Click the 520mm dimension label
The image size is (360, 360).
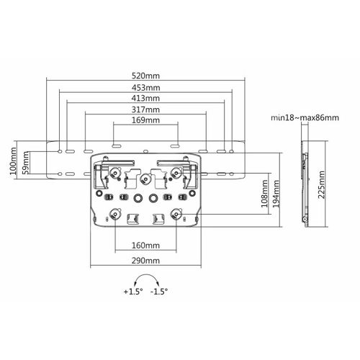click(x=145, y=76)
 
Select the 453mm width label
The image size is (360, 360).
click(x=145, y=88)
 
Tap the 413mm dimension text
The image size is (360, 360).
click(x=145, y=98)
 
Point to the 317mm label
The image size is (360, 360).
click(x=145, y=109)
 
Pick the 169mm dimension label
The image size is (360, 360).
click(x=145, y=120)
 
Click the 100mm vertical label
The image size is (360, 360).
click(x=13, y=161)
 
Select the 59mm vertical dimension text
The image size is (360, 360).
click(x=25, y=163)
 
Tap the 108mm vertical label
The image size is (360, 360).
click(x=264, y=194)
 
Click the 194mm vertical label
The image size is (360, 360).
click(x=276, y=194)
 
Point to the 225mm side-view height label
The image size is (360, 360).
click(x=321, y=184)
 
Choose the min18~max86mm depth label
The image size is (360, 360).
click(x=305, y=118)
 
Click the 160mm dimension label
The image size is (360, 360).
click(x=145, y=246)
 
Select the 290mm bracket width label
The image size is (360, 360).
click(x=145, y=261)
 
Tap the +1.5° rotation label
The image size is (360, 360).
click(x=133, y=292)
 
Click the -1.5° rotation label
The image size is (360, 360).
click(x=159, y=292)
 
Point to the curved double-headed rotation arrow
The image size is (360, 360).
click(x=147, y=275)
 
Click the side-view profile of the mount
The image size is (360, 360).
click(x=305, y=184)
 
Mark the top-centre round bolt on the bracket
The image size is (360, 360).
click(x=145, y=179)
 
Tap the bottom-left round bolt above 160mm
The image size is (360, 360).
click(x=115, y=213)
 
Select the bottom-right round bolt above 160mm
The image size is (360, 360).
click(x=176, y=213)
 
